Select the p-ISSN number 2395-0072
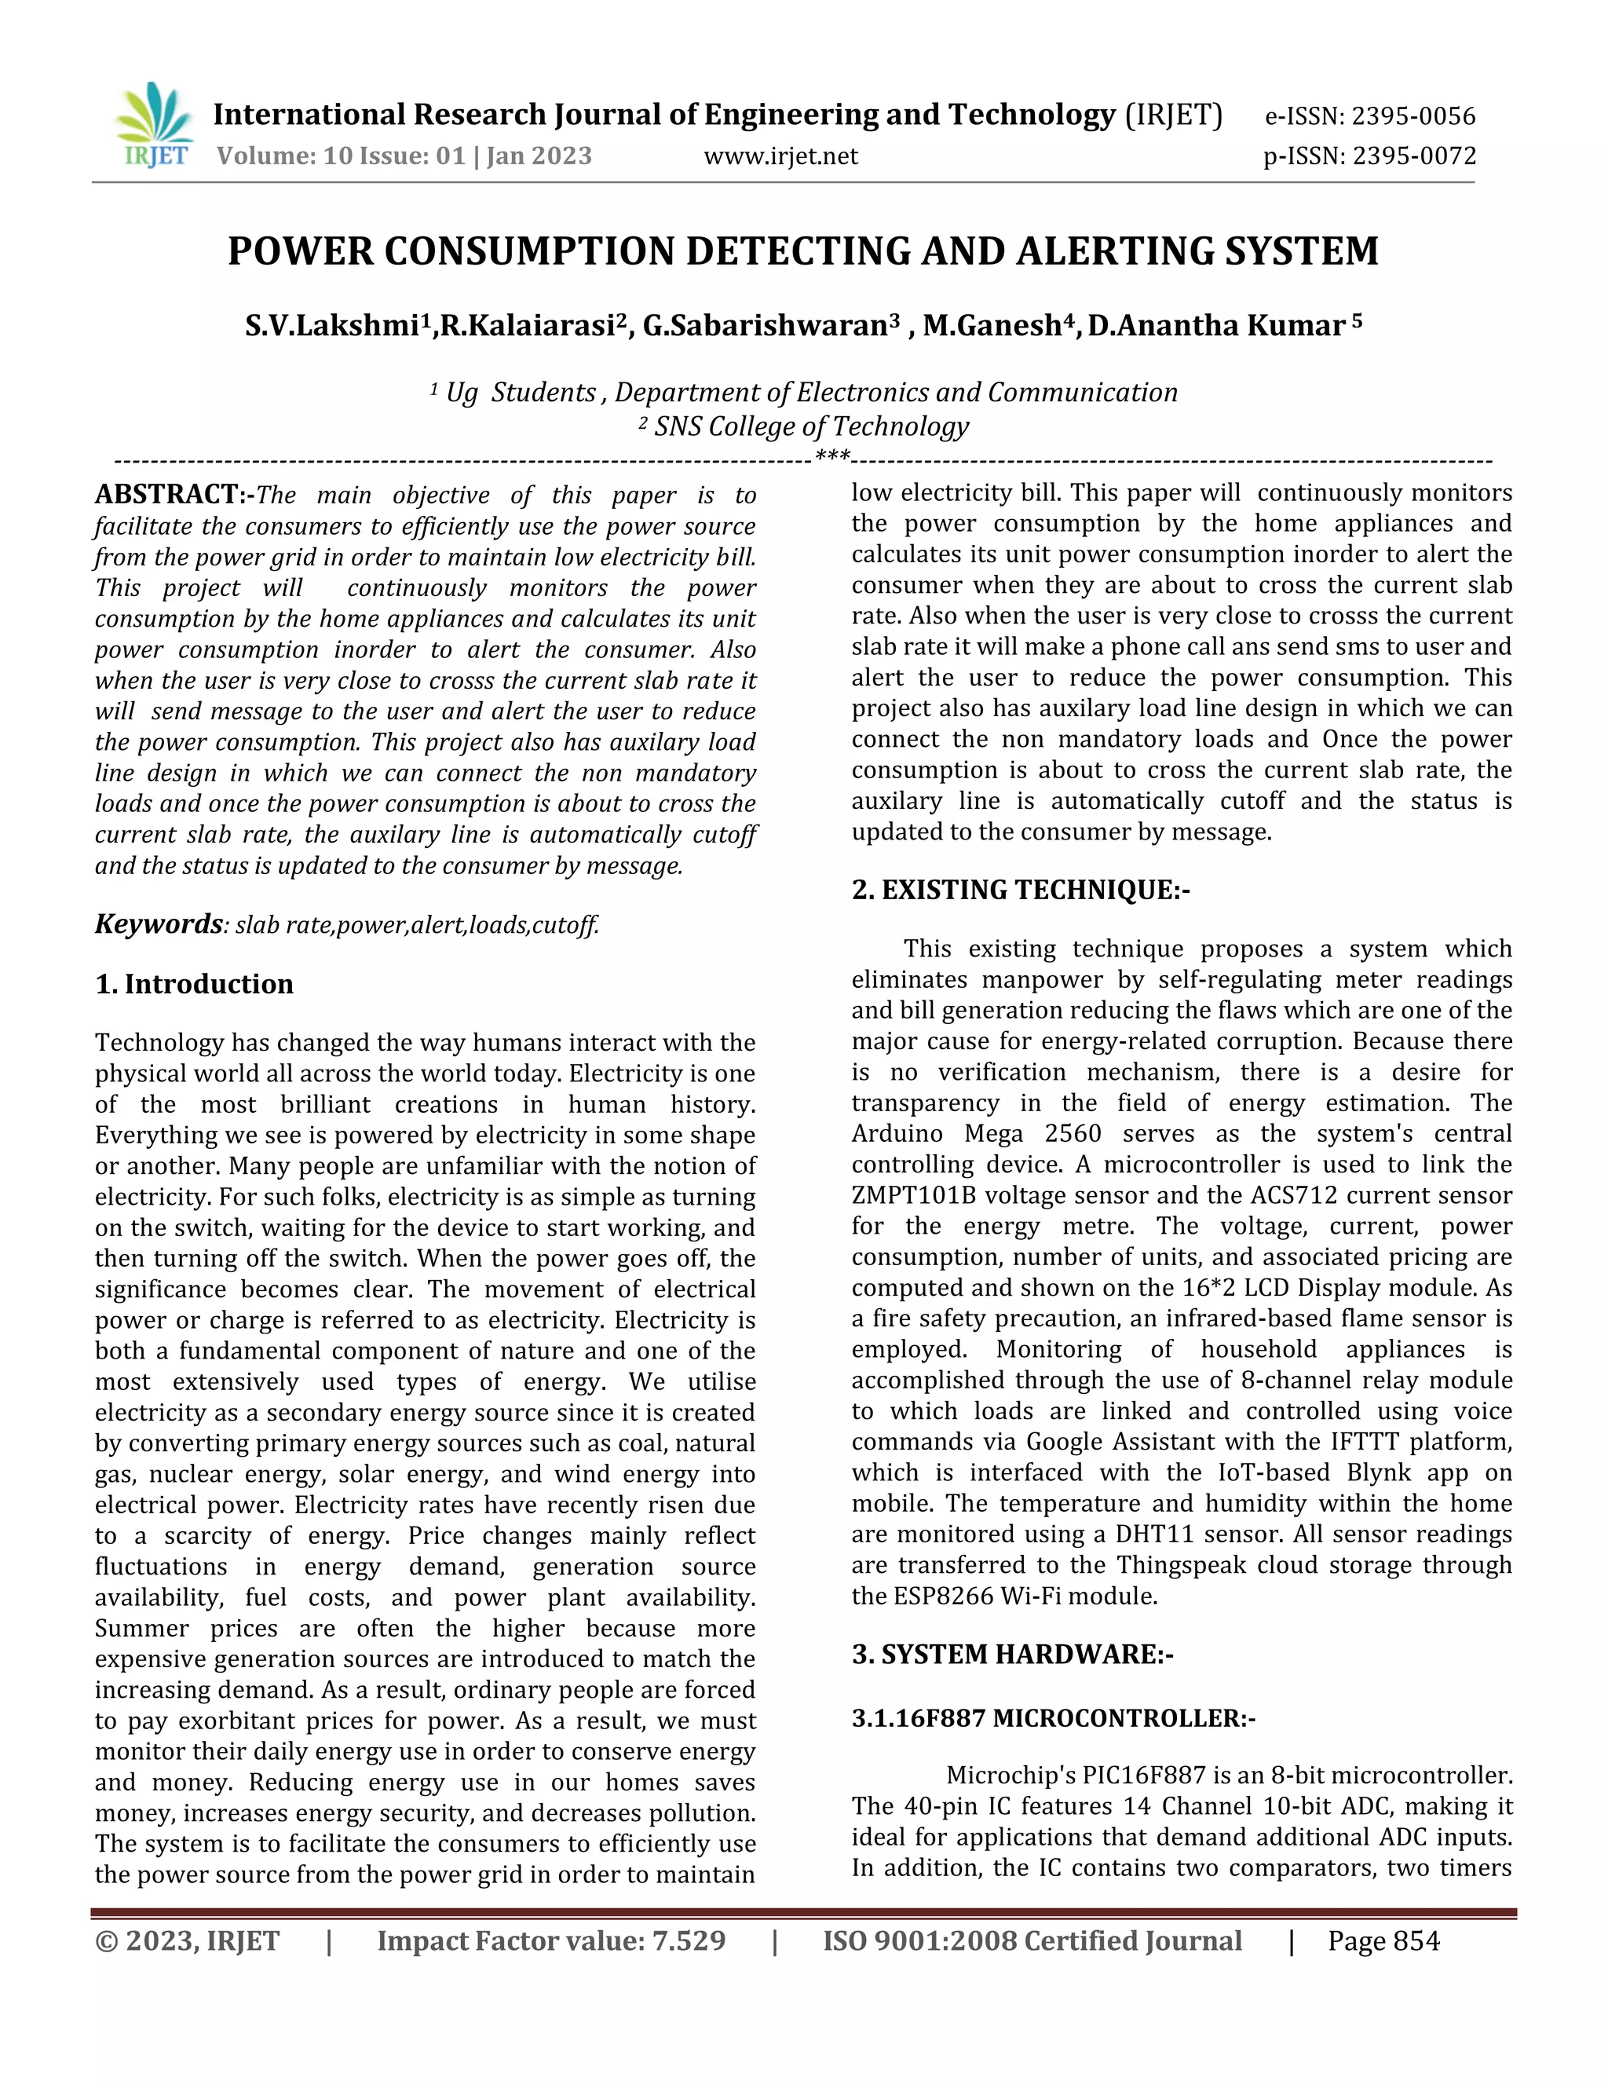coord(1413,155)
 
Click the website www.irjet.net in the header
coord(780,156)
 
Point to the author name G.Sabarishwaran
coord(765,326)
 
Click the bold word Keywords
coord(158,923)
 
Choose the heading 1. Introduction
coord(195,983)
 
